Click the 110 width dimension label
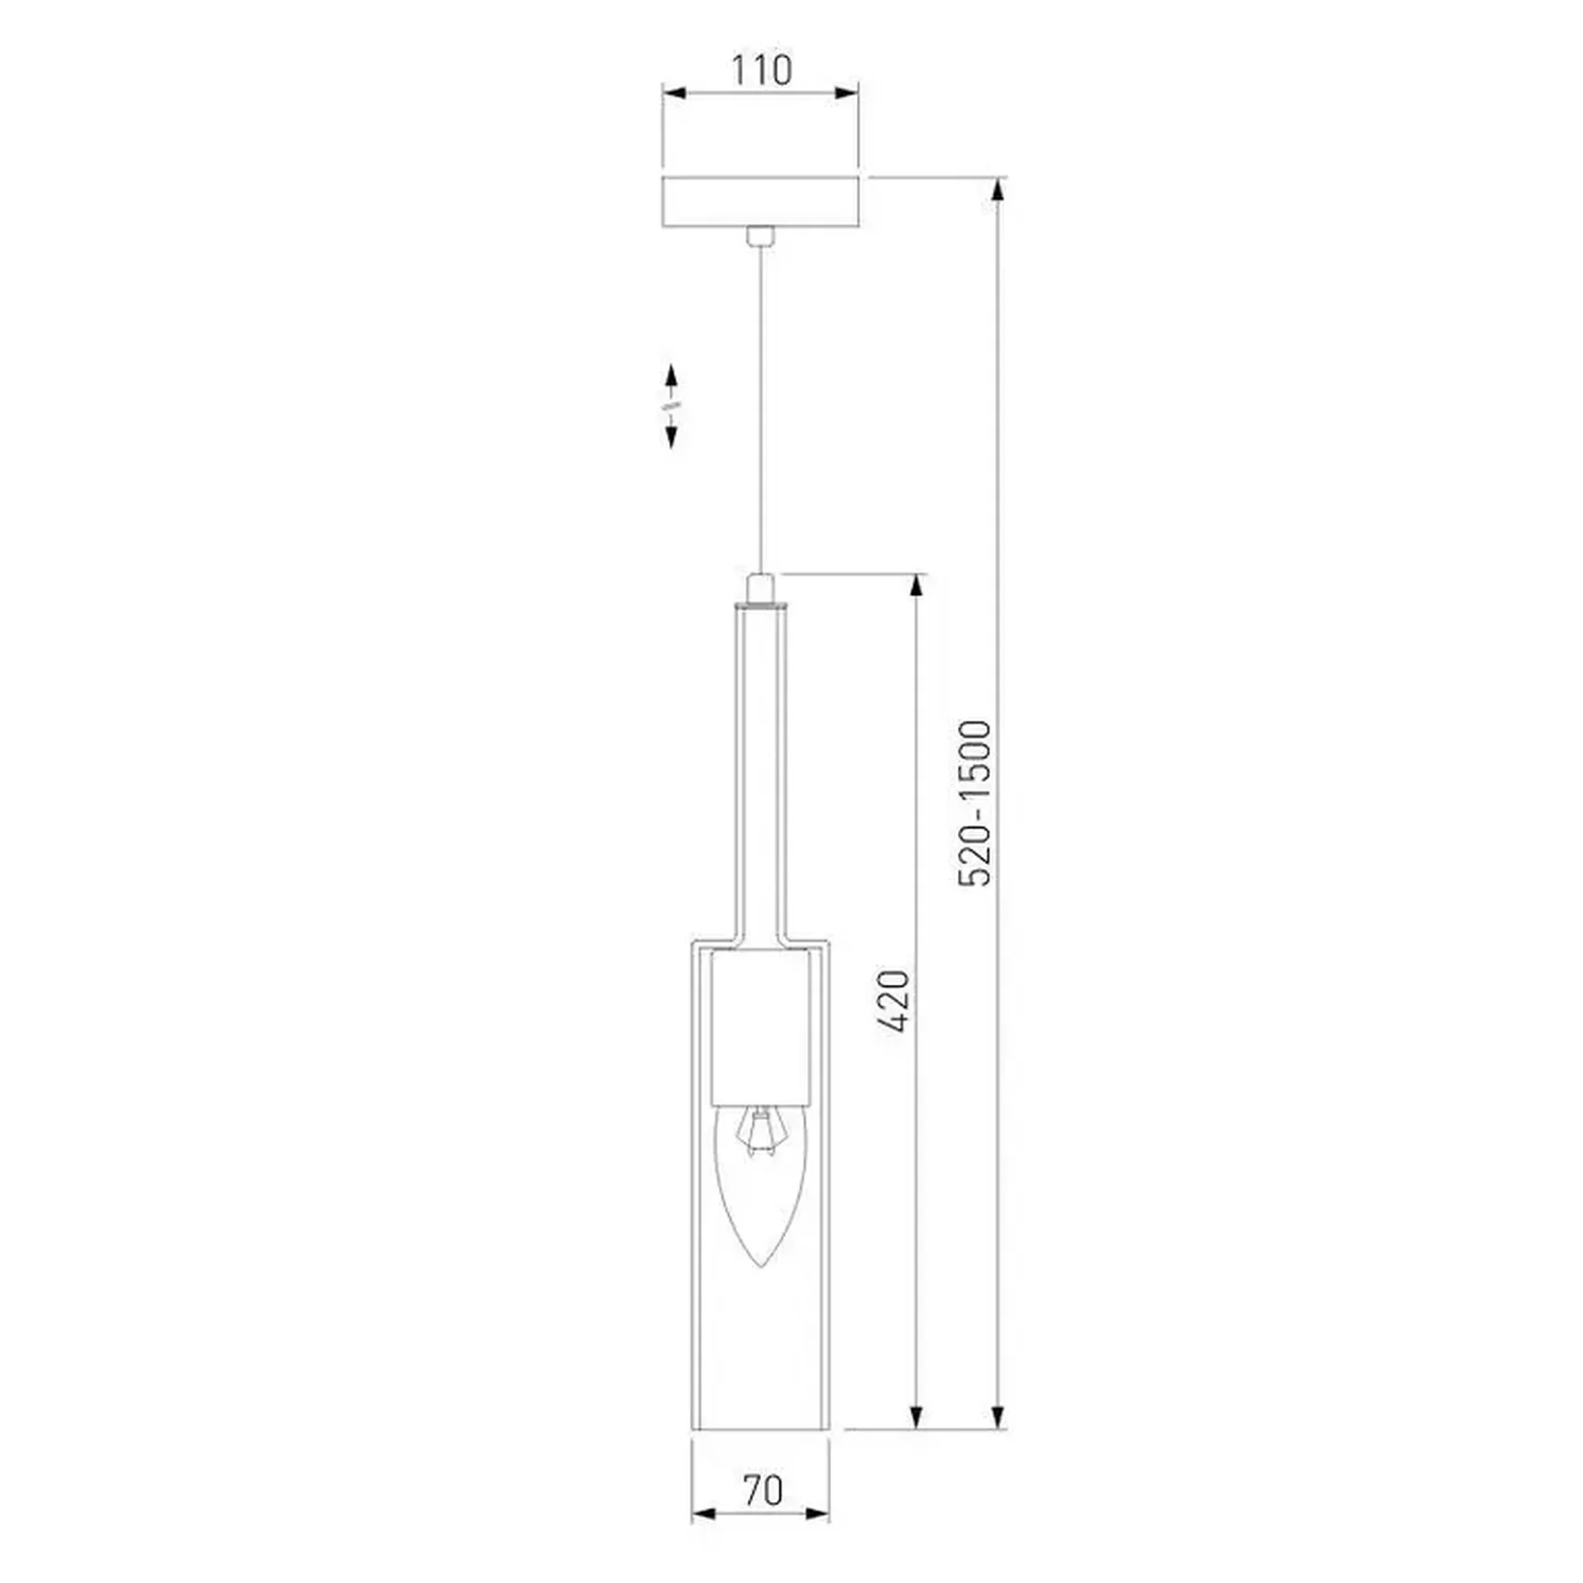point(761,70)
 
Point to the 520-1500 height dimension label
point(975,803)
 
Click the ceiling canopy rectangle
point(760,202)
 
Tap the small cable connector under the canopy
point(759,237)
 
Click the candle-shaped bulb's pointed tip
point(759,1266)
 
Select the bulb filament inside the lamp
point(759,1133)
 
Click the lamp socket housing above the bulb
point(760,1027)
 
